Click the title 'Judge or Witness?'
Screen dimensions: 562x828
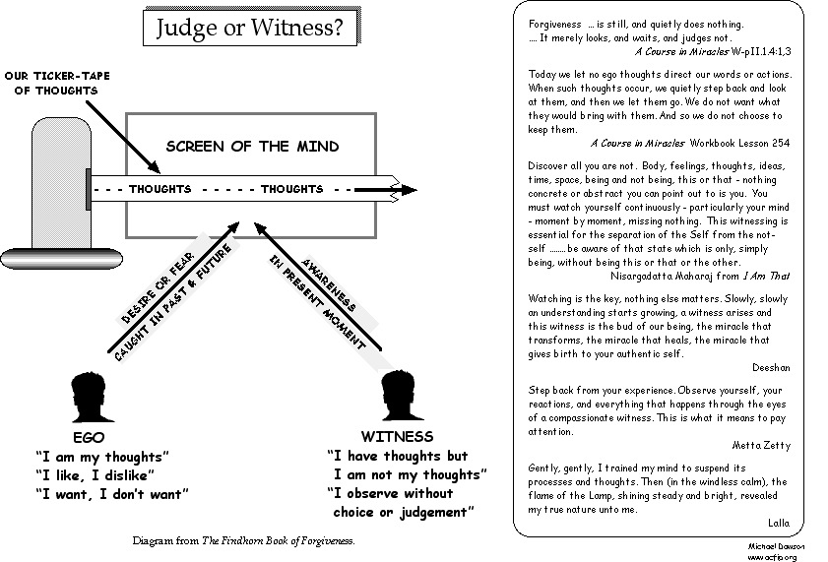pos(250,29)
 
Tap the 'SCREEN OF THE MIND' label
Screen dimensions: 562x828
pos(252,147)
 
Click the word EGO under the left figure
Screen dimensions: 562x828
pos(89,437)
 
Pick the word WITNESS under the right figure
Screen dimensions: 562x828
pos(397,436)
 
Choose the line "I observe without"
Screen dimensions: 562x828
pos(390,493)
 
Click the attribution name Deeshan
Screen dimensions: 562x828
pos(771,367)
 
